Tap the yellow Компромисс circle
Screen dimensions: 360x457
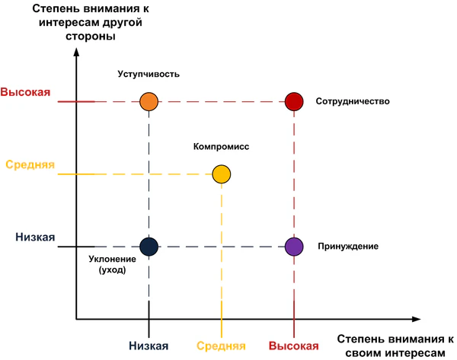(221, 174)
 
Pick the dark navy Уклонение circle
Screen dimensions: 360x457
(149, 245)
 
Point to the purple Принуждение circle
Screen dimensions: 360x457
(294, 245)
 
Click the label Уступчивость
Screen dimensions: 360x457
(149, 74)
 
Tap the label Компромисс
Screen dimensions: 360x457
(222, 145)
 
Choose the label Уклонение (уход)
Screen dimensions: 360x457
(107, 265)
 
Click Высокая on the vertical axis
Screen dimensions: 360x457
(25, 93)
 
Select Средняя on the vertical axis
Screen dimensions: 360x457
(30, 164)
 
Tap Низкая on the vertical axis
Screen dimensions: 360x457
(35, 237)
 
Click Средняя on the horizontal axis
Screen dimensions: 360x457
(222, 346)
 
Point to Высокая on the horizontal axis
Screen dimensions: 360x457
(293, 346)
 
